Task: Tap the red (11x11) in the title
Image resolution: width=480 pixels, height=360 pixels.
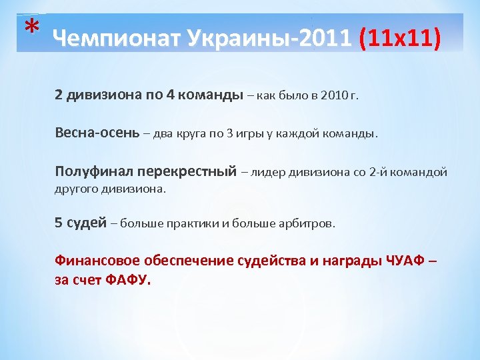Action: (x=399, y=39)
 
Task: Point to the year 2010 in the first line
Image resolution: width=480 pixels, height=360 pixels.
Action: (x=334, y=95)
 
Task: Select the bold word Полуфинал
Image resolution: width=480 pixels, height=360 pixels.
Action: (x=87, y=171)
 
